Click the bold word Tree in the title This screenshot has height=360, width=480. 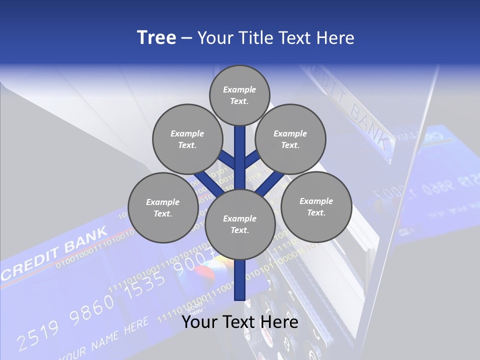pos(156,37)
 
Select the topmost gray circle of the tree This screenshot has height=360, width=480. pos(239,95)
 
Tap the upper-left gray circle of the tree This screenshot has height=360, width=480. pos(187,139)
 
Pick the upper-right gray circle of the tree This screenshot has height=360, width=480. pos(290,139)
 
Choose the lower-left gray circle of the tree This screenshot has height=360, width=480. pos(163,207)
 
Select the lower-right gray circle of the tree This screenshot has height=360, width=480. pos(316,206)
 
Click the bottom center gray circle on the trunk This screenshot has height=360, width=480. pos(239,224)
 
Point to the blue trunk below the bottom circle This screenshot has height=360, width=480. pos(239,280)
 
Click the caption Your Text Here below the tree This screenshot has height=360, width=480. pos(239,321)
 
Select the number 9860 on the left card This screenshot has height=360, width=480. pos(92,309)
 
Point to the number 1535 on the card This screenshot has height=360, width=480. pos(145,285)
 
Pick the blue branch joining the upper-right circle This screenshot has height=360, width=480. pos(252,160)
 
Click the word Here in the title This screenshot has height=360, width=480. pos(335,38)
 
